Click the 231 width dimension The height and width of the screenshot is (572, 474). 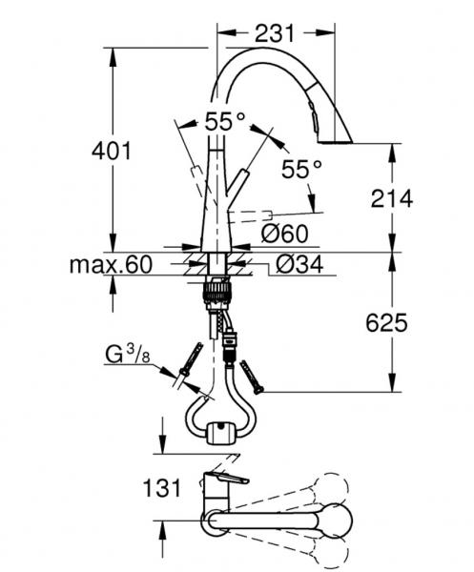point(275,33)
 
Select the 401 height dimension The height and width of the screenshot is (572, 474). point(112,151)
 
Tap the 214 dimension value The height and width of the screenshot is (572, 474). point(392,199)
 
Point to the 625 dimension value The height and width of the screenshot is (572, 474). point(386,323)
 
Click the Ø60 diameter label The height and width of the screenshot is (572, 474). point(285,234)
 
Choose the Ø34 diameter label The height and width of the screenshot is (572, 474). point(299,264)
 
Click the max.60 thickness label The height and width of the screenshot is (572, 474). point(111,264)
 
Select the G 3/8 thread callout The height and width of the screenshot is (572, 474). point(128,355)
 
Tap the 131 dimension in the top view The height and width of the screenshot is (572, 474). point(162,488)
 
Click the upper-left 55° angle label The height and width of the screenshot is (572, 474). point(225,121)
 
